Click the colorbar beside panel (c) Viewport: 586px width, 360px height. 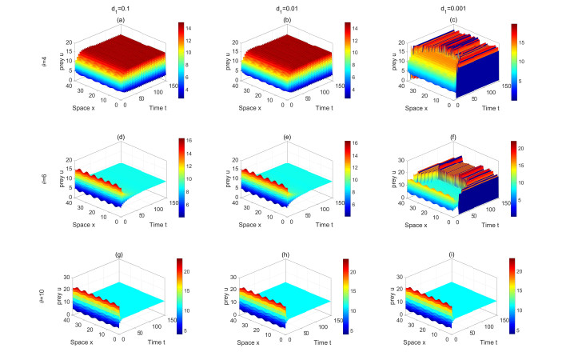515,62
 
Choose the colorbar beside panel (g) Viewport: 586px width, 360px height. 180,297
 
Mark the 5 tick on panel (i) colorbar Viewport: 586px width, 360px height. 528,329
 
